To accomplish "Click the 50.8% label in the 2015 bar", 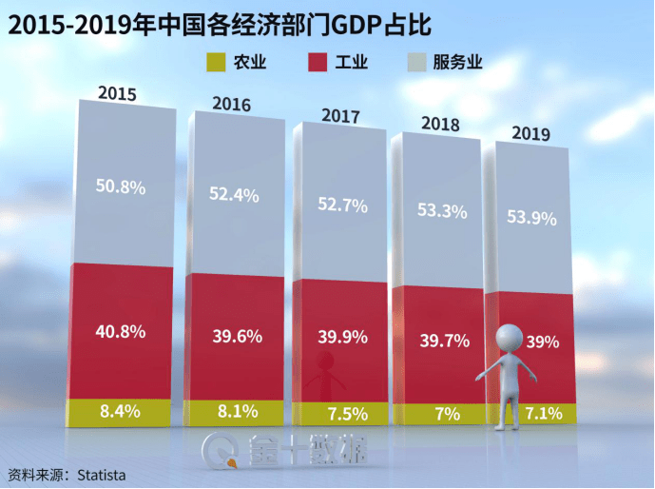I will tap(121, 187).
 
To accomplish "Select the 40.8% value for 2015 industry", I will tap(121, 332).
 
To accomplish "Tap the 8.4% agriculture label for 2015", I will tap(121, 411).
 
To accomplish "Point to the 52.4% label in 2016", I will tap(233, 194).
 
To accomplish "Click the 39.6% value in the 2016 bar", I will tap(233, 336).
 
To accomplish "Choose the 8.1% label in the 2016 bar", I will tap(233, 413).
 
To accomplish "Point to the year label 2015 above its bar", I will tap(118, 94).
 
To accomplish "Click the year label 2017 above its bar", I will tap(340, 116).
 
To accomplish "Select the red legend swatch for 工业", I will tap(319, 64).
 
